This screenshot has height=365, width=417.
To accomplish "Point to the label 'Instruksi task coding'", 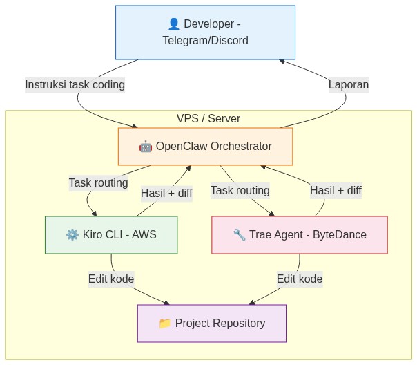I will coord(75,85).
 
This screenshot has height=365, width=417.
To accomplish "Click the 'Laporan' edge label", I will coord(348,85).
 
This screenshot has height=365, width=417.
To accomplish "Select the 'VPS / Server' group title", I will coord(208,119).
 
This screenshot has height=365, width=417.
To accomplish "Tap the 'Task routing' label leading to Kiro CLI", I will coord(98,183).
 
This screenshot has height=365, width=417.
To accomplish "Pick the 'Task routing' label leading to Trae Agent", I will coord(240,190).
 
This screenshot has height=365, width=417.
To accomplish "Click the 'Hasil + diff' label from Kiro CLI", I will coord(166,193).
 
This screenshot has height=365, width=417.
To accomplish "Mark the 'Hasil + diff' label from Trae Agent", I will coord(336,190).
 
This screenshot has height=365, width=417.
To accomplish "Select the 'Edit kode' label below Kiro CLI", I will coord(111,279).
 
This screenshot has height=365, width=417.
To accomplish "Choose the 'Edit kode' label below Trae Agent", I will coord(300,279).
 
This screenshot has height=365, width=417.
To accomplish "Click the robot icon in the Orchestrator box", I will coord(146,147).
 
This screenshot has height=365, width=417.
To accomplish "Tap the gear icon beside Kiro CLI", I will coord(72,235).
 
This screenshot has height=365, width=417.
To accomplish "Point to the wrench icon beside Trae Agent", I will coord(240,235).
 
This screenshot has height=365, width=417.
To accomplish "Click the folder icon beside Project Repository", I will coord(164,324).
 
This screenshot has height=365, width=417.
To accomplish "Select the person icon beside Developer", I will coord(174,24).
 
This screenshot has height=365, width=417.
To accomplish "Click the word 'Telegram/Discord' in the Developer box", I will coord(205,41).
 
